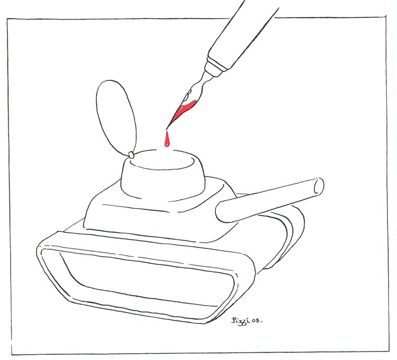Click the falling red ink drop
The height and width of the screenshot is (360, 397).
pos(167,140)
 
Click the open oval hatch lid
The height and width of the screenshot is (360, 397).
pos(116,118)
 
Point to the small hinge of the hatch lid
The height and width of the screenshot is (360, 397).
pos(131,155)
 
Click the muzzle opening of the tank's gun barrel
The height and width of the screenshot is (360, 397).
pos(319,186)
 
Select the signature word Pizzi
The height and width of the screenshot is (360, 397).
pos(240,320)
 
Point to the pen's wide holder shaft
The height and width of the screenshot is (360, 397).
pos(242,35)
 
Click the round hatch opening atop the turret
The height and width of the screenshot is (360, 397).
pos(163,160)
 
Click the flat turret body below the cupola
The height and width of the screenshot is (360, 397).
pos(157,218)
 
